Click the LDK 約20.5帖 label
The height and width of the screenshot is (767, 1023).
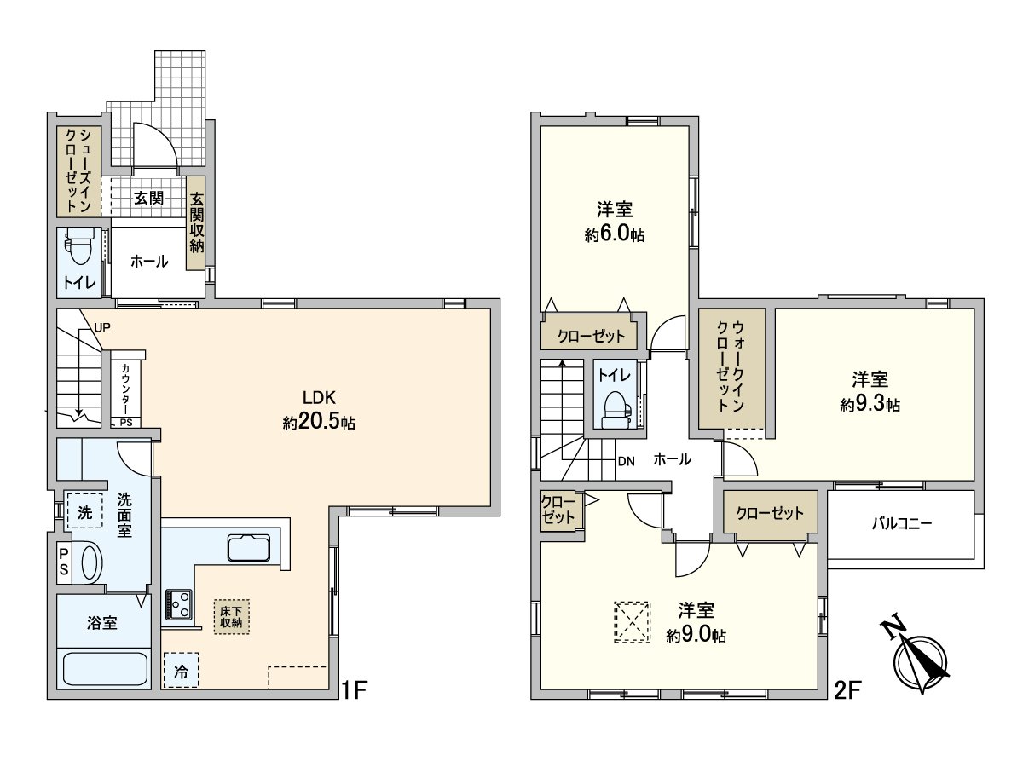[x=319, y=410]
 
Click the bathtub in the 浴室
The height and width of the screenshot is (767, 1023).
[x=104, y=667]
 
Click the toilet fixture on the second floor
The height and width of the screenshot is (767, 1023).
[x=615, y=410]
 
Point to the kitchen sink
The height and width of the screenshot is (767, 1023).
[x=248, y=546]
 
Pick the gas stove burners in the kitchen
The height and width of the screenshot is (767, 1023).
[x=179, y=603]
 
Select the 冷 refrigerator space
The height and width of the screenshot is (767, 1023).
[x=181, y=671]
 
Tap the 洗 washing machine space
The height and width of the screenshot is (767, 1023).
[x=84, y=513]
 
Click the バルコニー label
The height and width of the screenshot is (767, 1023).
[x=901, y=523]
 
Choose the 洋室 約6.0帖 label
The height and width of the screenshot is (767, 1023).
[x=614, y=222]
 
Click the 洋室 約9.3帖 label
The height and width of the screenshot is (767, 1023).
[x=870, y=391]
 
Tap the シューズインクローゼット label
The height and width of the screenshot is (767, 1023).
[x=79, y=170]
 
